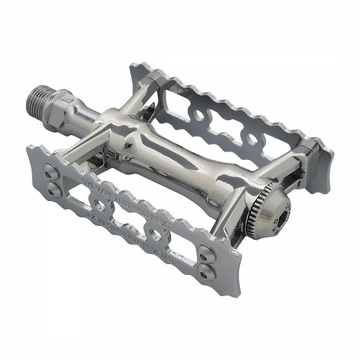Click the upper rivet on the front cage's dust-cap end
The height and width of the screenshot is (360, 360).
(x=204, y=253)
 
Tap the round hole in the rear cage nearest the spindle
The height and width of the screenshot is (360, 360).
(x=199, y=115)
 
